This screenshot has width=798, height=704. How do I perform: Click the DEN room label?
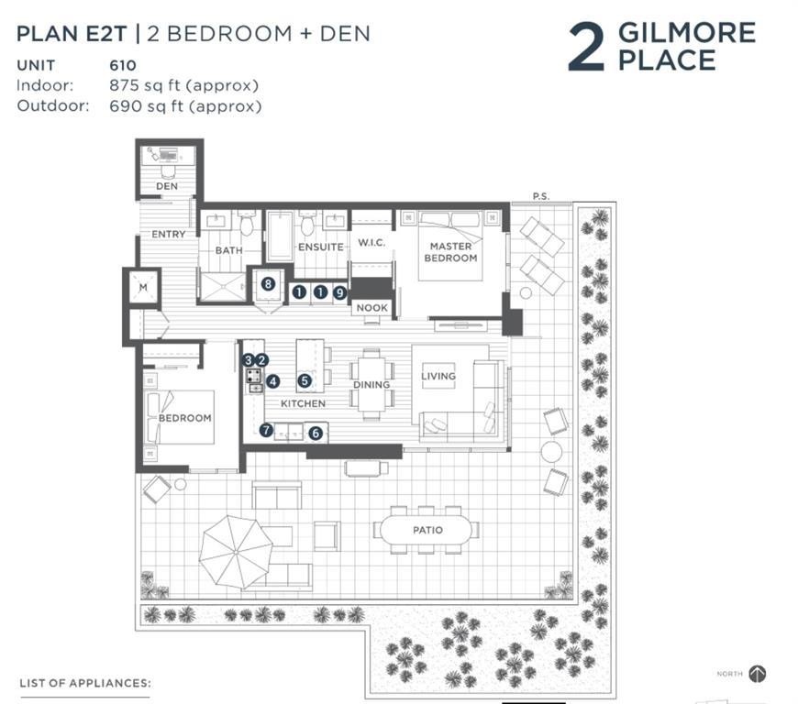pyautogui.click(x=167, y=186)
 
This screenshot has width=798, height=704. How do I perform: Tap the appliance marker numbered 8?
pyautogui.click(x=268, y=284)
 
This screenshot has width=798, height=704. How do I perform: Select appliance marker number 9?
pyautogui.click(x=339, y=292)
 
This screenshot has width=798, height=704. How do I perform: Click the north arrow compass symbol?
pyautogui.click(x=758, y=674)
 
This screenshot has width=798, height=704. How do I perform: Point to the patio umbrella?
pyautogui.click(x=236, y=553)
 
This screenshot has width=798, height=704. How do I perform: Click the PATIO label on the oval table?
pyautogui.click(x=427, y=530)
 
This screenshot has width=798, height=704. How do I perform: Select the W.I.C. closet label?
pyautogui.click(x=371, y=243)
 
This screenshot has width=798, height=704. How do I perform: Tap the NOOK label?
pyautogui.click(x=372, y=308)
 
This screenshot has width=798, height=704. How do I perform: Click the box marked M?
pyautogui.click(x=143, y=288)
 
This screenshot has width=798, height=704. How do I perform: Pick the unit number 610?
pyautogui.click(x=123, y=66)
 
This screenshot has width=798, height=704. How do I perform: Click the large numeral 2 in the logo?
pyautogui.click(x=586, y=47)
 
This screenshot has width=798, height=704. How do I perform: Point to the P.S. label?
pyautogui.click(x=541, y=196)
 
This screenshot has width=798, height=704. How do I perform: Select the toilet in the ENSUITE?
pyautogui.click(x=308, y=223)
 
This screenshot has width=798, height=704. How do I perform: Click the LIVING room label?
pyautogui.click(x=438, y=376)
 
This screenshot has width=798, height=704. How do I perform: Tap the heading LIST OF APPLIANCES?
pyautogui.click(x=85, y=683)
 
